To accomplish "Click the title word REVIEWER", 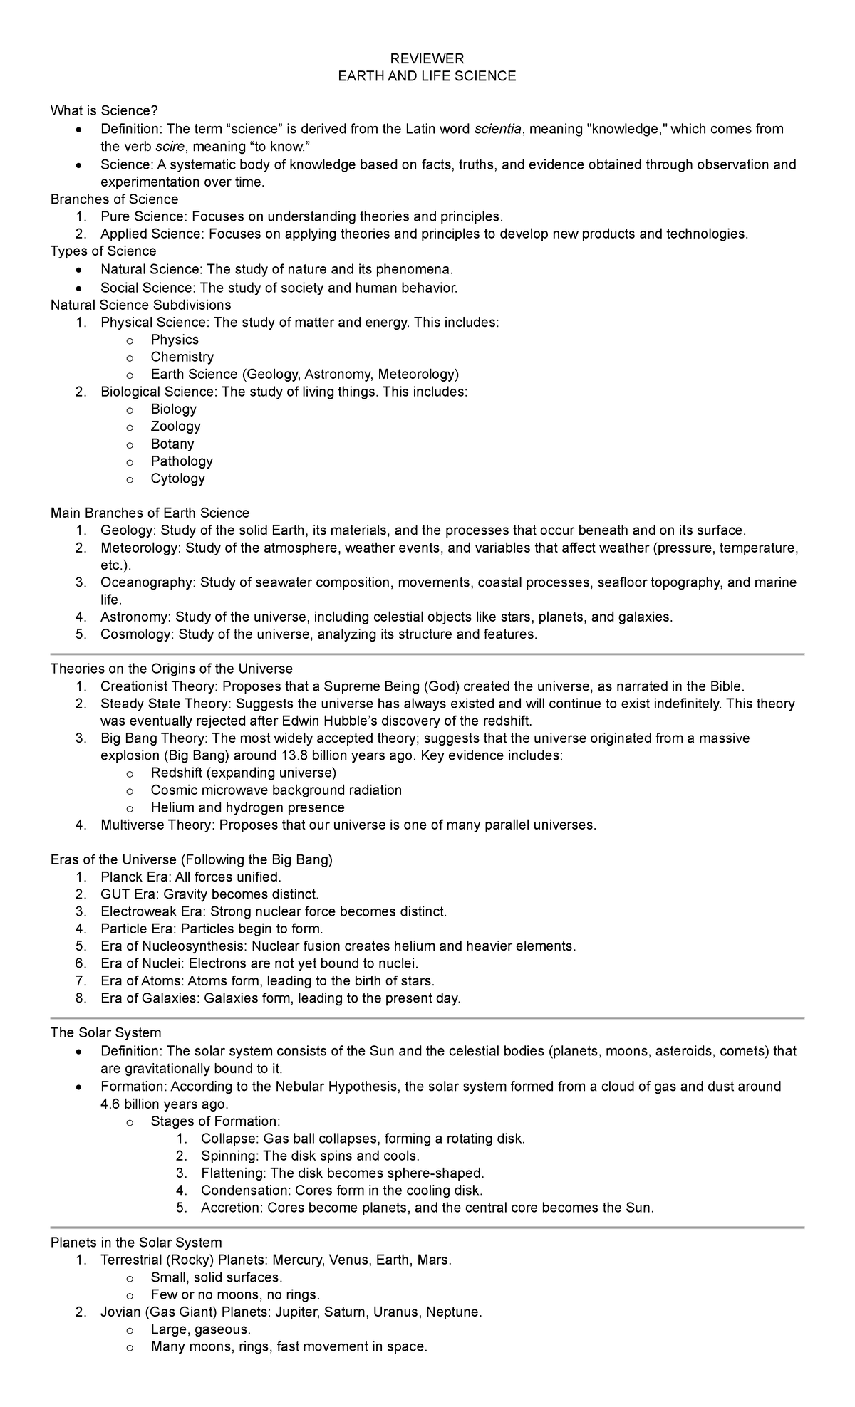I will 427,58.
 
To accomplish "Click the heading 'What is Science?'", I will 104,110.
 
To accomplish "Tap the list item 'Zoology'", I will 175,426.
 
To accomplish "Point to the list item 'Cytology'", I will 177,478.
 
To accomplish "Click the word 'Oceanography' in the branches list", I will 147,582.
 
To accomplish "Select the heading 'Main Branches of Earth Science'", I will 150,513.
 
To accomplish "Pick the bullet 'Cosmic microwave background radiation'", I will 276,790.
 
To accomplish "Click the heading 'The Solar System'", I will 105,1032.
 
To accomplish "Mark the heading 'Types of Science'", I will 103,251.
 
